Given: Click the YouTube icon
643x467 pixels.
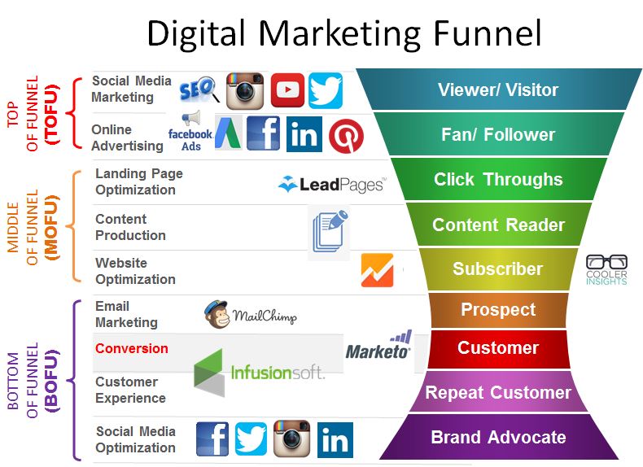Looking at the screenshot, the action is [x=287, y=90].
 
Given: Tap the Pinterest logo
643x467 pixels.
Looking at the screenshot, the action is [x=346, y=136].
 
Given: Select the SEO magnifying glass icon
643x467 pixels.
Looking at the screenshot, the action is [x=199, y=89].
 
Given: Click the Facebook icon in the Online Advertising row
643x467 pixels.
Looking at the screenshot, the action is [x=263, y=133].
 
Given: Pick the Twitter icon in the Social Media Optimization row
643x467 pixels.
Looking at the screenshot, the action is [x=251, y=439].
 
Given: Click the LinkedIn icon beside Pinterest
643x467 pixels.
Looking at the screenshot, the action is [x=304, y=133].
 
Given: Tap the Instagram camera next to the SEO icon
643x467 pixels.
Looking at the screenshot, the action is [x=245, y=90].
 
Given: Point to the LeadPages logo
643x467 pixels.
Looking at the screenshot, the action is [x=332, y=185].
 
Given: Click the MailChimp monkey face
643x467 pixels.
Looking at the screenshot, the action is [x=217, y=315].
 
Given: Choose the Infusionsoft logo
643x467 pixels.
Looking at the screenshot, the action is [x=259, y=373].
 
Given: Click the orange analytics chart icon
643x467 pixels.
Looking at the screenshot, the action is [x=378, y=270].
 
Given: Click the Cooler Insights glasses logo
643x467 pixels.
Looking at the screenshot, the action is [x=606, y=269].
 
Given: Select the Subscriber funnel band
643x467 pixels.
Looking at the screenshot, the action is [x=498, y=269].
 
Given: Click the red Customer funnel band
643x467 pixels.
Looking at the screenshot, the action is [x=498, y=348].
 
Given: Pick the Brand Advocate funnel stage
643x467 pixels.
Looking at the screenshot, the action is [x=498, y=437].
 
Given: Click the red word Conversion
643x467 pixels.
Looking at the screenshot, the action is [x=132, y=348].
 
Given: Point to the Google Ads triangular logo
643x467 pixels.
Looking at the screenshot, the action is [x=228, y=133].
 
